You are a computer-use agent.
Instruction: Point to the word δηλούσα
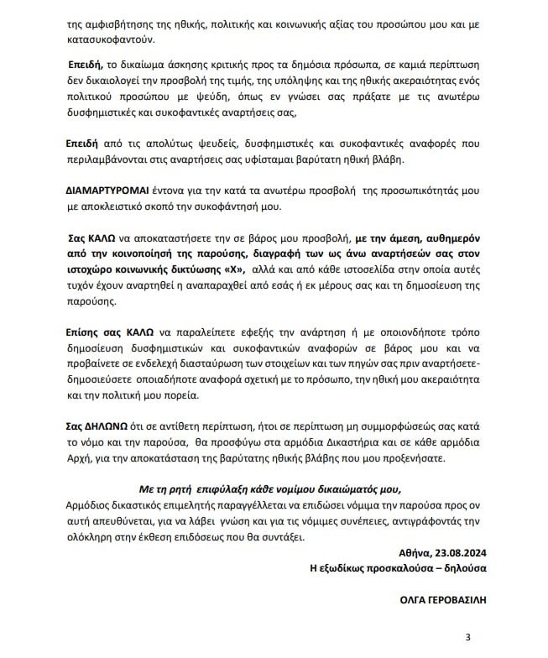(466, 568)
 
